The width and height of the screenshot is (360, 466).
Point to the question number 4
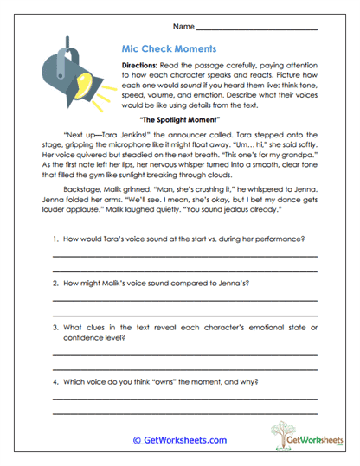(x=55, y=381)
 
